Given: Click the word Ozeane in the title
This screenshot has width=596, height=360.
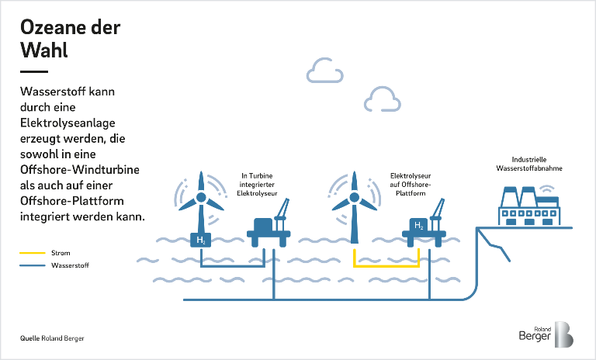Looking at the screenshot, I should [x=53, y=28].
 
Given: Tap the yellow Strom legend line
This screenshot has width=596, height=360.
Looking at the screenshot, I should [x=32, y=253].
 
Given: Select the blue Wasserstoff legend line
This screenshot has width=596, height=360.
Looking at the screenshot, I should [x=32, y=265].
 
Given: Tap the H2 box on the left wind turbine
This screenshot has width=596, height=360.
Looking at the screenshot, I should [x=201, y=241].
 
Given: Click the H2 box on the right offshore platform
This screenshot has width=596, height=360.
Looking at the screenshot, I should [x=419, y=226].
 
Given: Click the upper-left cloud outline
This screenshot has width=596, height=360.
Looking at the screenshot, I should [x=324, y=71].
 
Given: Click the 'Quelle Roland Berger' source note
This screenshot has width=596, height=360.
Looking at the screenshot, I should [x=52, y=339].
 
